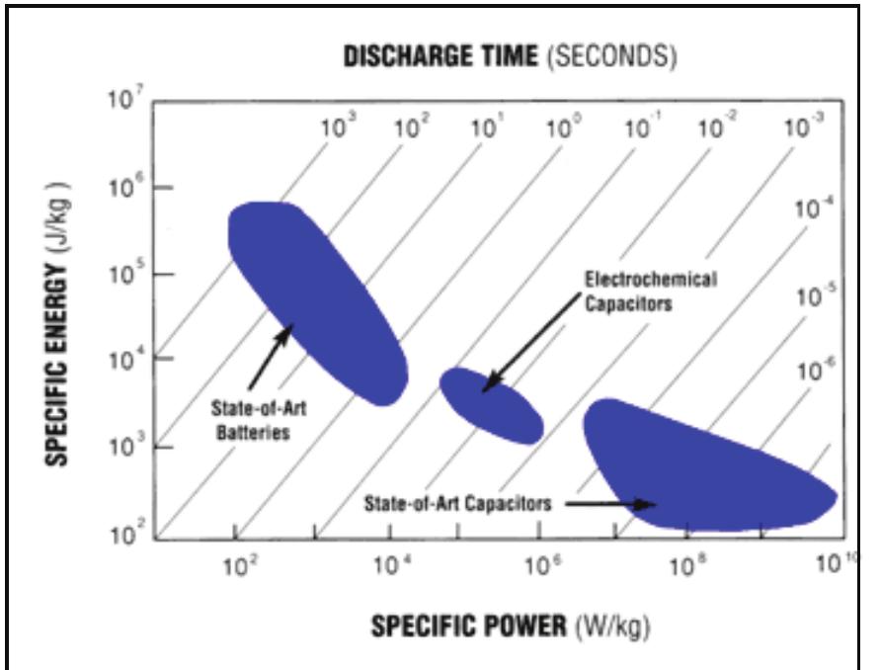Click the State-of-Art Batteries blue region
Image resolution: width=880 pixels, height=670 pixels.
[x=316, y=296]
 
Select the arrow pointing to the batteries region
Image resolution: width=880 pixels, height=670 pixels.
[x=270, y=356]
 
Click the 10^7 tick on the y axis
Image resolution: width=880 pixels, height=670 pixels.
[x=130, y=103]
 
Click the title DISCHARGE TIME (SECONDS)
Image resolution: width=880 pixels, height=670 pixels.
[x=510, y=56]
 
